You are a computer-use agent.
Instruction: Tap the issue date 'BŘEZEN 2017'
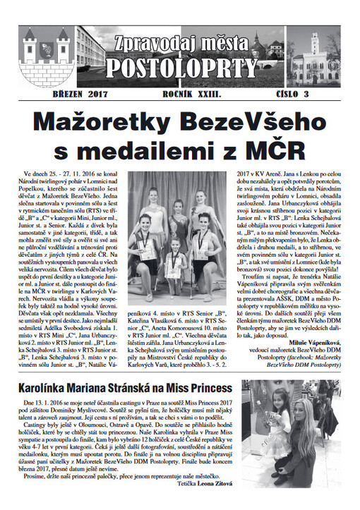pos(74,93)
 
